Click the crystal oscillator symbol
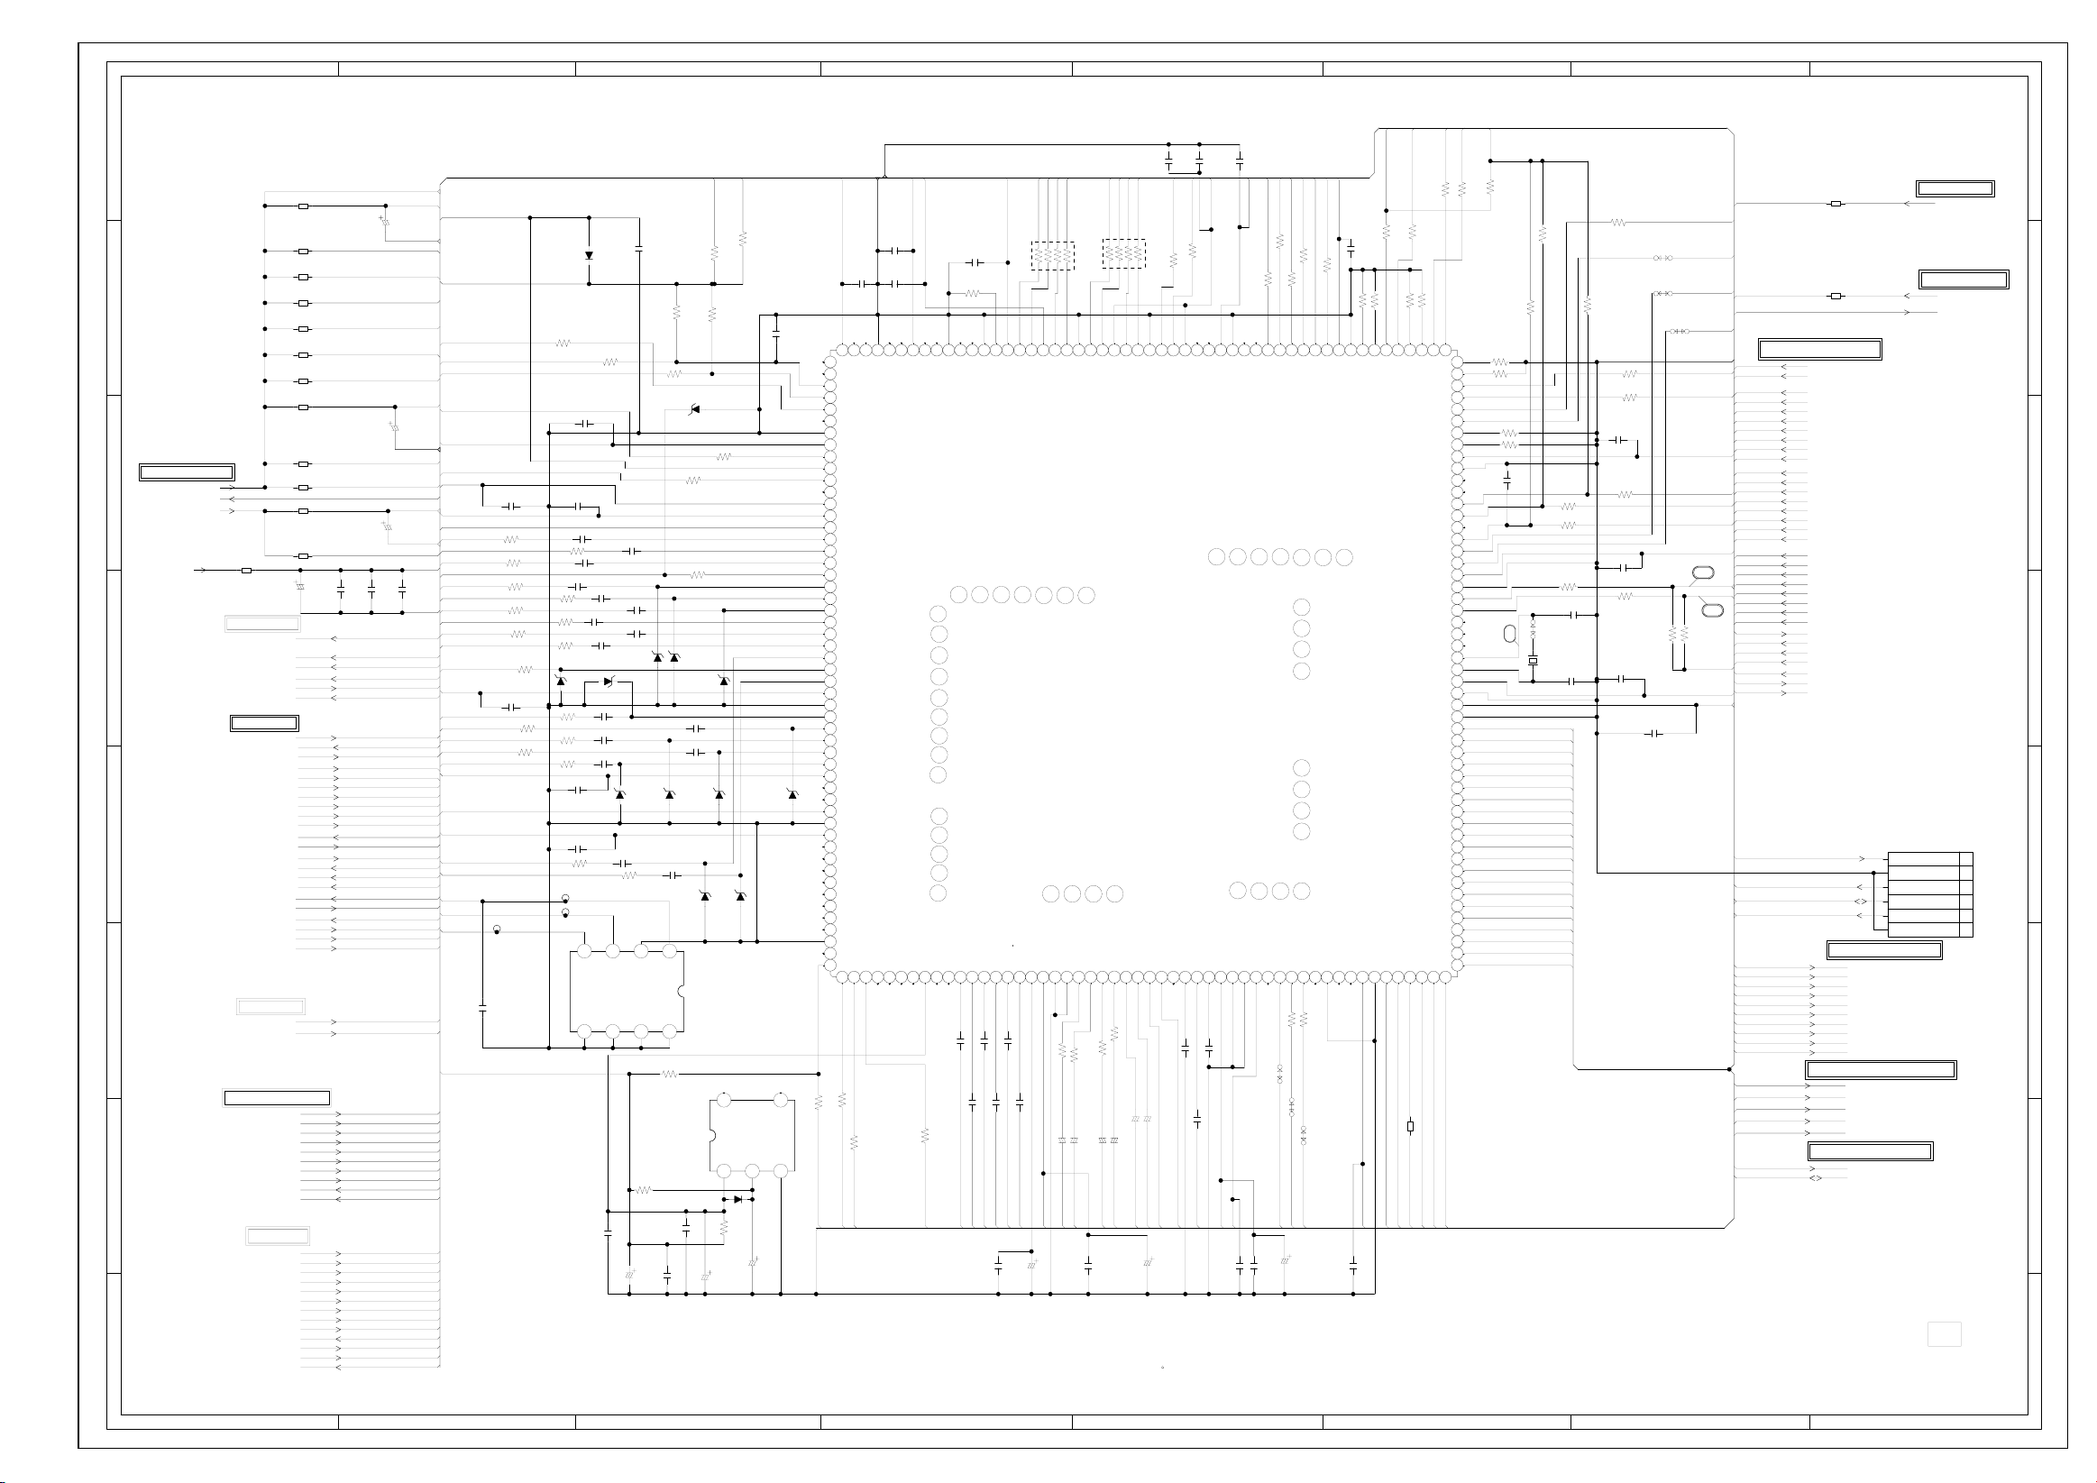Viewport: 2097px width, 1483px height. pos(1533,660)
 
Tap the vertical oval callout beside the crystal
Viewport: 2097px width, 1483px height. pos(1509,634)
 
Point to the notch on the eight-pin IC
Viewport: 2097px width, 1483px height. pos(681,992)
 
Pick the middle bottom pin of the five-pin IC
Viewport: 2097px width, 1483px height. pos(752,1171)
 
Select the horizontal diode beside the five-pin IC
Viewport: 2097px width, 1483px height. pos(738,1199)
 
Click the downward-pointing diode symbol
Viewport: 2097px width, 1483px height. pos(589,256)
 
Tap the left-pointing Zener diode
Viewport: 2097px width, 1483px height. pos(695,409)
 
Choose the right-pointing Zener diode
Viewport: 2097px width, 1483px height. pos(609,682)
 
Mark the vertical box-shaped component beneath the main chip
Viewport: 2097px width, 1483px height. pos(1410,1127)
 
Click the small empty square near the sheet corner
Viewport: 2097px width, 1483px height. pos(1944,1334)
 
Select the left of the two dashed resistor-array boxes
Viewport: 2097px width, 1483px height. pos(1052,256)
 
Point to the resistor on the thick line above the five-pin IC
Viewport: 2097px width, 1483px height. pos(670,1074)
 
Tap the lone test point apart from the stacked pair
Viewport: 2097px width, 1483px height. pos(497,929)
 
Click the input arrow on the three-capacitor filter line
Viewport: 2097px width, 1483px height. pos(202,570)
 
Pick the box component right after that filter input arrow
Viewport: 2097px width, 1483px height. pos(246,570)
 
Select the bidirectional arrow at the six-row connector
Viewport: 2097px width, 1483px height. pos(1860,902)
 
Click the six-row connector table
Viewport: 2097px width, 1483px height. pos(1929,894)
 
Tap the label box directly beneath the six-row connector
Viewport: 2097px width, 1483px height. pos(1883,949)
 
